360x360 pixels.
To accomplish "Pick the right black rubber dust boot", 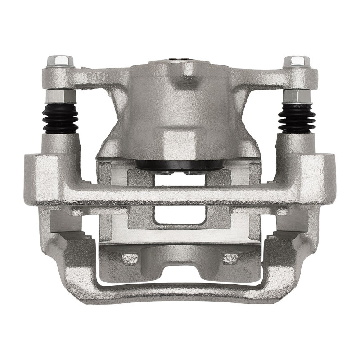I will tap(295, 118).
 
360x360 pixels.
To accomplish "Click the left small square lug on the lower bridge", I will tap(130, 258).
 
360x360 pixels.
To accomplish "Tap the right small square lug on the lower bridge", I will tap(230, 258).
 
